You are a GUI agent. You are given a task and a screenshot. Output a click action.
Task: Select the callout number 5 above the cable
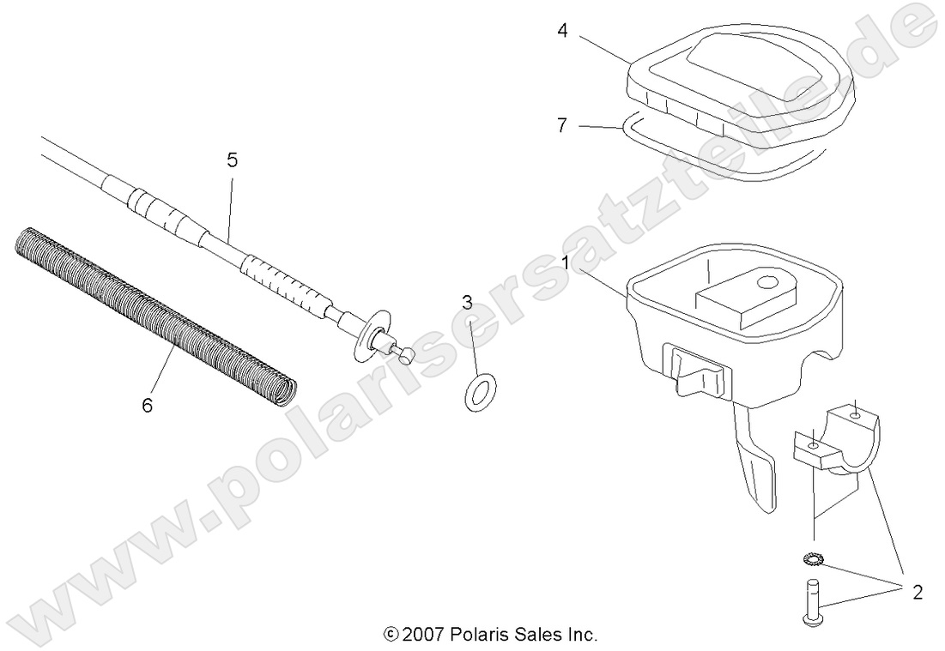pos(232,160)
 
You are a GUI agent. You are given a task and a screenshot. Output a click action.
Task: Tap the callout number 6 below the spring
pos(147,404)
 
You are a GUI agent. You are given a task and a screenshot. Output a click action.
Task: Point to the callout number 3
pos(467,302)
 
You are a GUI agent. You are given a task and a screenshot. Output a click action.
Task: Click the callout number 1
pos(564,258)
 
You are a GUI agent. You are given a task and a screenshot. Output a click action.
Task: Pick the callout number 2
pos(917,592)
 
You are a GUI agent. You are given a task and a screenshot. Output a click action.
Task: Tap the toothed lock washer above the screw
pos(814,560)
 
